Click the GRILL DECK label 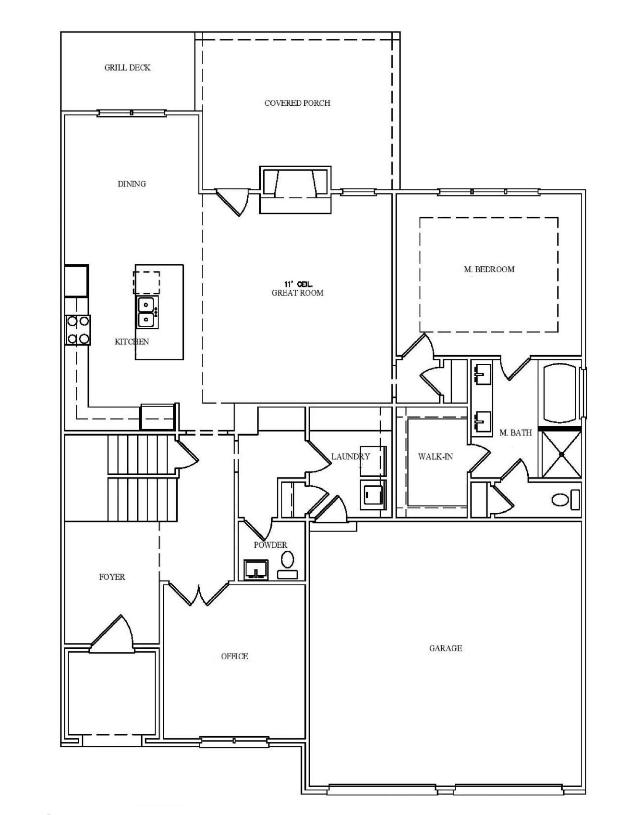point(127,68)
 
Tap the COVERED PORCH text point(297,103)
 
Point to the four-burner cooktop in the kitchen point(78,330)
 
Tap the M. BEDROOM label point(489,269)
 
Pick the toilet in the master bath point(566,500)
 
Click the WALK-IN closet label point(435,457)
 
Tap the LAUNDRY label point(351,457)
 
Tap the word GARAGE point(445,648)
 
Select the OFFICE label point(234,656)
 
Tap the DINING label point(132,184)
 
